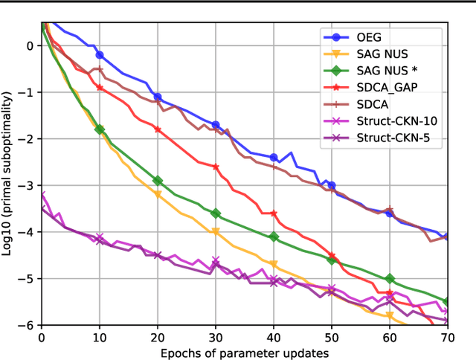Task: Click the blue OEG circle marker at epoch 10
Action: (100, 55)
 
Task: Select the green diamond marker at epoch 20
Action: (158, 181)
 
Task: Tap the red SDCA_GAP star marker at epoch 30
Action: (216, 167)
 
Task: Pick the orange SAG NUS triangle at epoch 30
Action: (216, 232)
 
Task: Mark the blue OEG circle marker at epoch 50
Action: (331, 185)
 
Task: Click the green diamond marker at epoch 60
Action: (389, 278)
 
